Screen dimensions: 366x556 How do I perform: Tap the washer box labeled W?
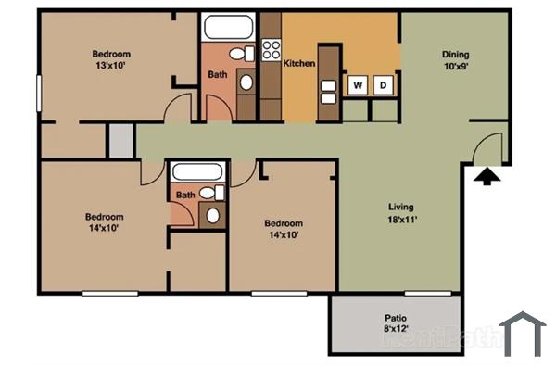(357, 86)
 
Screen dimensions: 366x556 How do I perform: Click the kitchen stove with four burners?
(272, 48)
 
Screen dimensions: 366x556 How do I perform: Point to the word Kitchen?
(299, 63)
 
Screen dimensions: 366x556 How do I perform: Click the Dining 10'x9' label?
(455, 59)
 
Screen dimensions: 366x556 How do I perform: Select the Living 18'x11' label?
(401, 212)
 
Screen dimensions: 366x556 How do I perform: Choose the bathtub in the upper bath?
(228, 27)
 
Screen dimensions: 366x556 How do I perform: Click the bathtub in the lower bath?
(196, 173)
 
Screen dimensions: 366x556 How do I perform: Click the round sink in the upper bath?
(246, 82)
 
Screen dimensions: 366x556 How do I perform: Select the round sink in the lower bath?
(213, 217)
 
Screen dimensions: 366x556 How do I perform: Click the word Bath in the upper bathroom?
(218, 74)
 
